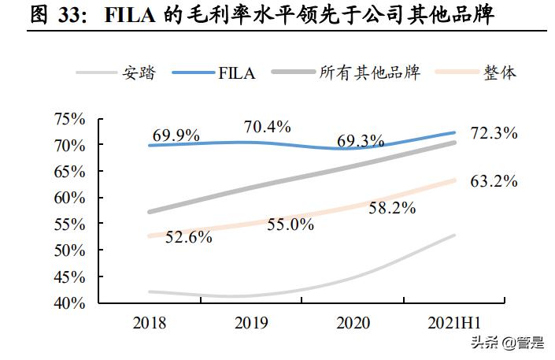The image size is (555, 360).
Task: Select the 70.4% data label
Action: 268,126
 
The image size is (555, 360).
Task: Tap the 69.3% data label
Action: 361,141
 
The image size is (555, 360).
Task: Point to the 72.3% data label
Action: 494,133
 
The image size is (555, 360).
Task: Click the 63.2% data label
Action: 494,182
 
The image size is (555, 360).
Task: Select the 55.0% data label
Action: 290,225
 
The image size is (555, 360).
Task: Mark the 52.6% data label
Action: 188,237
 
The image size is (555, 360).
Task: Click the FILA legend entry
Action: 237,73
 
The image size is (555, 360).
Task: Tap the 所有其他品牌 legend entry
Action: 370,73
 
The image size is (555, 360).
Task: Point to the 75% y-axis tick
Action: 68,119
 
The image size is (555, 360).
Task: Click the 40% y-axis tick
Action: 68,303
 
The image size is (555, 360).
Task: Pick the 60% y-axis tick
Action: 68,198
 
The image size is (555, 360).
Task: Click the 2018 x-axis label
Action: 149,322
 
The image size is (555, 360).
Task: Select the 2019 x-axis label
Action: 251,322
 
